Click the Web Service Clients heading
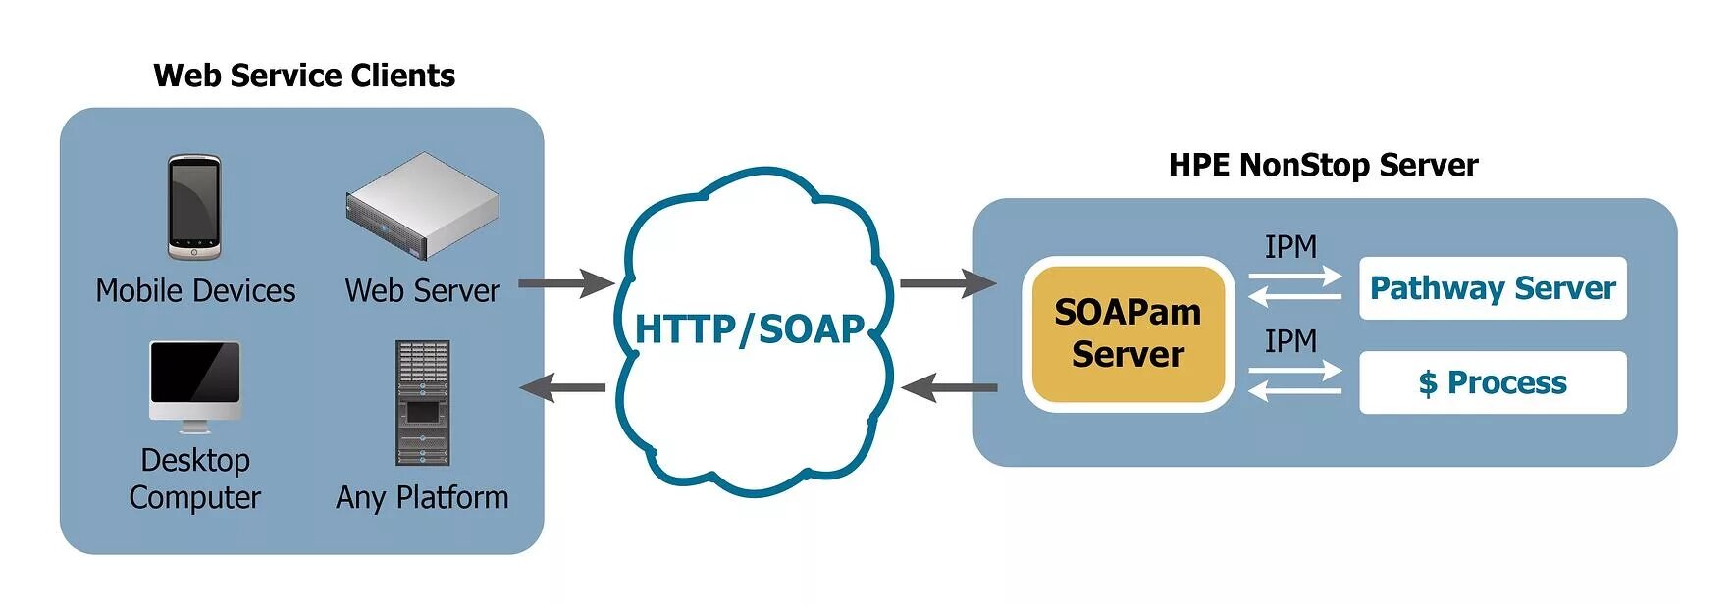(x=304, y=76)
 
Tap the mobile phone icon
(x=193, y=207)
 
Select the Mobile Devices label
(x=195, y=290)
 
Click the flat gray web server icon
(x=422, y=205)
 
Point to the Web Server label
(x=422, y=290)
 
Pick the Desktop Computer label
(x=195, y=479)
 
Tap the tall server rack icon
(x=422, y=402)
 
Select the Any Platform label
(x=422, y=497)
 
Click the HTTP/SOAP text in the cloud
(x=750, y=329)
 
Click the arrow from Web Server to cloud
(x=565, y=283)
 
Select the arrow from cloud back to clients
(x=563, y=387)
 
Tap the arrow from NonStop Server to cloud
(x=949, y=388)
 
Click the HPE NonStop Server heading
(x=1323, y=165)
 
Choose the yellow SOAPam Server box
(x=1128, y=333)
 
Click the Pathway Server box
(x=1492, y=288)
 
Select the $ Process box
(x=1492, y=382)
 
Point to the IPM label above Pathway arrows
(x=1290, y=247)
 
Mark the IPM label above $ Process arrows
(x=1290, y=341)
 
